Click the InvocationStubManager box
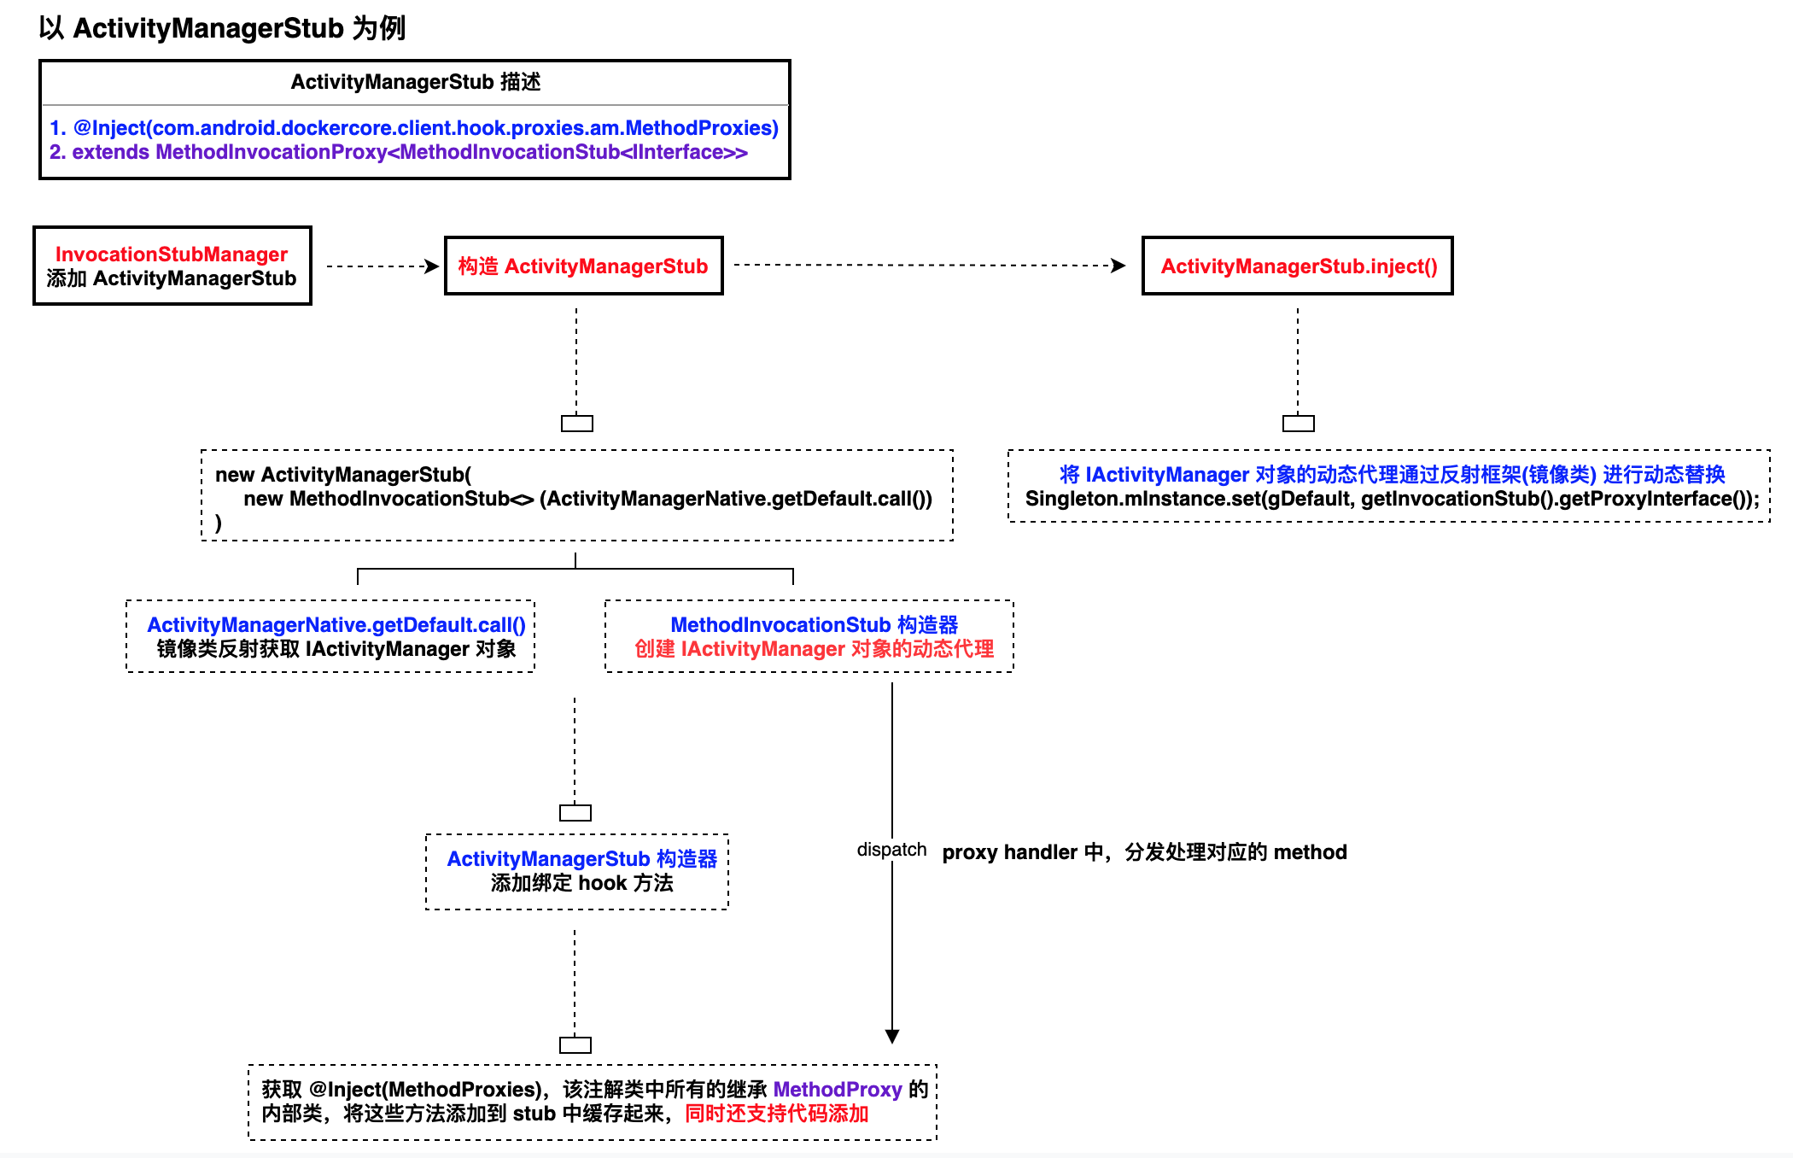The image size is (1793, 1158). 172,266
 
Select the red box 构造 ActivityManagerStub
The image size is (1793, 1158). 583,266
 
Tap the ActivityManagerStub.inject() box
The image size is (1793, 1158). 1297,266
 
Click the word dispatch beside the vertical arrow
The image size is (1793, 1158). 891,850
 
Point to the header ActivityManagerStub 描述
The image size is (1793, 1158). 415,82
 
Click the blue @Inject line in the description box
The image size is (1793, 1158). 414,128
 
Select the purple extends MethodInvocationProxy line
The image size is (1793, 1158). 399,152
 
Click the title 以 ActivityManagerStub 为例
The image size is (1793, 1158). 222,28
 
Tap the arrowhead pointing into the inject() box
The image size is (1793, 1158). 1118,266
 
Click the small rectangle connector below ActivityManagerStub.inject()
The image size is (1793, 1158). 1298,424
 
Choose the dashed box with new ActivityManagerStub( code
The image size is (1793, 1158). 577,495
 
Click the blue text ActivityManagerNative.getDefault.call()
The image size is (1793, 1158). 336,625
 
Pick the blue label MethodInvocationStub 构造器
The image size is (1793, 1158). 814,625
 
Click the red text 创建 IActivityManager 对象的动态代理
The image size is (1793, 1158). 814,649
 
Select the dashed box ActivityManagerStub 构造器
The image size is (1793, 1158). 577,871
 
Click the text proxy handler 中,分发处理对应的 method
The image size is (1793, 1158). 1144,852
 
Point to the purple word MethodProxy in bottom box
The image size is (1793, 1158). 837,1090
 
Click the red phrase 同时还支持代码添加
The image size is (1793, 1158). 776,1114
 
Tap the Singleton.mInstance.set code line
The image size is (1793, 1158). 1392,499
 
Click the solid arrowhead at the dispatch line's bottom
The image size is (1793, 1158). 892,1036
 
